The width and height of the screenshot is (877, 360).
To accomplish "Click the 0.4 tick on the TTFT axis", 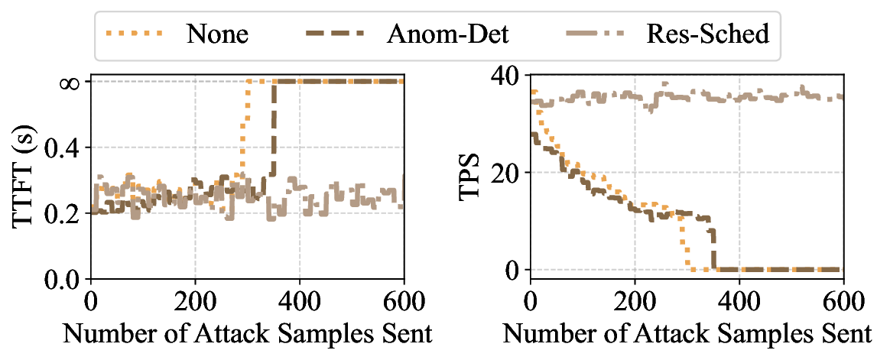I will (x=62, y=148).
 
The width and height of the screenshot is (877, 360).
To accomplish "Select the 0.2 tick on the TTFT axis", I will (x=62, y=213).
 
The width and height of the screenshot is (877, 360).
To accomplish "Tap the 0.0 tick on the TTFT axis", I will (x=62, y=280).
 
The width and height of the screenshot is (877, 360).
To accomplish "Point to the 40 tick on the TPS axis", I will (x=506, y=76).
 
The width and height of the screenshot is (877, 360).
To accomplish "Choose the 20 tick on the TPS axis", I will (x=506, y=173).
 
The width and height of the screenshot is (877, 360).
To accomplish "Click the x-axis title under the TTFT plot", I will (x=247, y=333).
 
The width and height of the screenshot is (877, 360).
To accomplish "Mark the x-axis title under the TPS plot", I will (x=687, y=333).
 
